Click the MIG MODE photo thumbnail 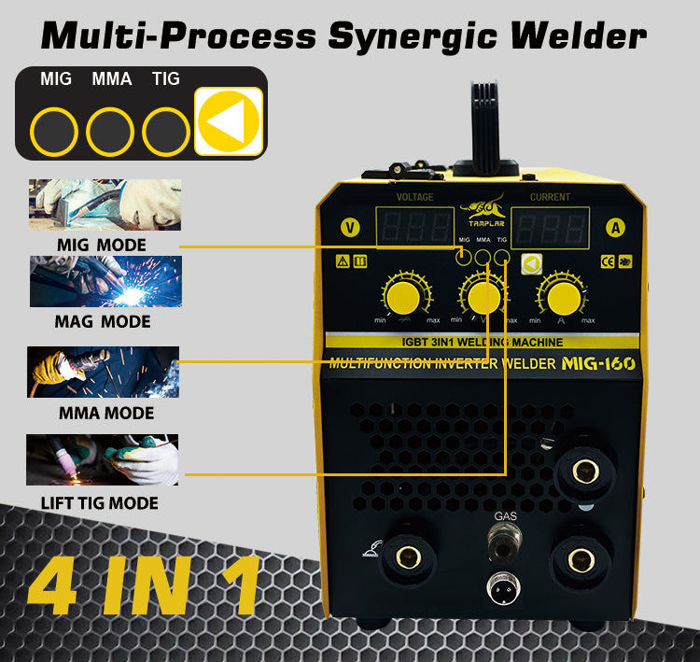click(105, 204)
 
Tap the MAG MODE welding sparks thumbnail click(105, 281)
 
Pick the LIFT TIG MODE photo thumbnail click(103, 459)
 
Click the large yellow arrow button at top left click(229, 120)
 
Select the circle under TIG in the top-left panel click(167, 132)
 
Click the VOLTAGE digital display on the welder click(414, 228)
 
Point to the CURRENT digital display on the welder click(550, 228)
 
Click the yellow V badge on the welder click(350, 227)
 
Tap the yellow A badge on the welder click(615, 227)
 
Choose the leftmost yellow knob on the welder click(403, 299)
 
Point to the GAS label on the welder click(505, 514)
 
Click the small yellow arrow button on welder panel click(531, 264)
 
